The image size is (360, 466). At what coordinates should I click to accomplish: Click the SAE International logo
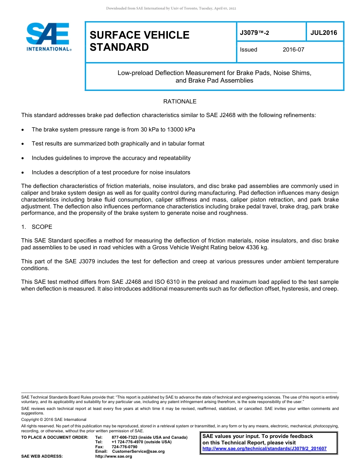(48, 37)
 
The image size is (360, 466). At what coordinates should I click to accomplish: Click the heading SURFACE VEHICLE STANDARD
(139, 41)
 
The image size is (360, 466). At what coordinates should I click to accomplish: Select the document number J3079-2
(254, 33)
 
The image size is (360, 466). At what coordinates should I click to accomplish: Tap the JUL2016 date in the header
(324, 33)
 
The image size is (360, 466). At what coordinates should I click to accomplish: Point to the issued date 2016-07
(293, 50)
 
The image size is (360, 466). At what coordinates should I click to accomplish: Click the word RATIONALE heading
(180, 102)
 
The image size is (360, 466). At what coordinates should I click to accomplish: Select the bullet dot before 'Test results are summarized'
(23, 144)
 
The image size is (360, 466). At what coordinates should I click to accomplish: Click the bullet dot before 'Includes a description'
(23, 173)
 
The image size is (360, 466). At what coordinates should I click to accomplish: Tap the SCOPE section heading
(42, 227)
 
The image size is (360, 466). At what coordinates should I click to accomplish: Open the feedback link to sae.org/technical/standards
(264, 449)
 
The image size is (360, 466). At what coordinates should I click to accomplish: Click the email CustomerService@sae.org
(138, 452)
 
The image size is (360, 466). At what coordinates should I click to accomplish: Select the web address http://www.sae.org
(114, 457)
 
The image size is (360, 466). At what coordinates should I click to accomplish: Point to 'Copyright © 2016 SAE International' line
(54, 419)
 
